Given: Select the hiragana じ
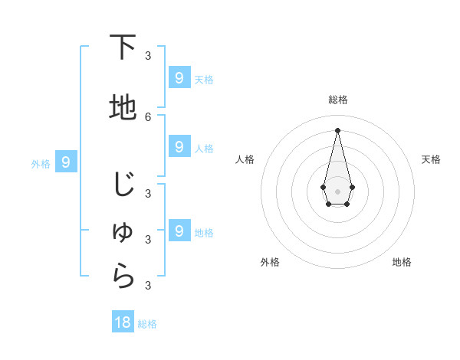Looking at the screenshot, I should coord(123,185).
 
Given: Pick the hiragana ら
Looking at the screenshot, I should coord(123,277).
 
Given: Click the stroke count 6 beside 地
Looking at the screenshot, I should coord(148,116).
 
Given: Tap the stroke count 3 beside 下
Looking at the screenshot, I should coord(148,55).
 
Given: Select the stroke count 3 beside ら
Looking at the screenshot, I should coord(148,285).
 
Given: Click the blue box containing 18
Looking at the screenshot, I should coord(123,322).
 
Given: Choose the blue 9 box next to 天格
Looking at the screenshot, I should coord(179,77).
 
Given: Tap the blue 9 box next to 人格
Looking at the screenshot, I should coord(179,146).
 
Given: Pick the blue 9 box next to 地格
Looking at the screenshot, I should coord(179,231).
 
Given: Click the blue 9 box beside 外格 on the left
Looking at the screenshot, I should coord(67,162).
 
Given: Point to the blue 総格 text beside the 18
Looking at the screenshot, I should coord(147,324).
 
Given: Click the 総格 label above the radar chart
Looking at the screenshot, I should coord(337,100).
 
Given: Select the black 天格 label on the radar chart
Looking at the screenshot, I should coord(431,159).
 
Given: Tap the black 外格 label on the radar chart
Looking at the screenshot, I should coord(270,262).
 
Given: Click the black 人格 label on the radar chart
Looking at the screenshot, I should coord(245,159).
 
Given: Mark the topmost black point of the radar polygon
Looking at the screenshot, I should coord(337,130).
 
